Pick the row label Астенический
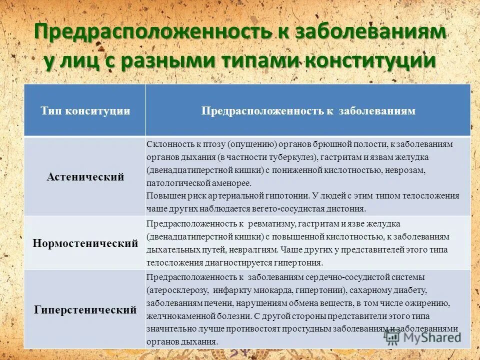(x=85, y=177)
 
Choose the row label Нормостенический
(x=85, y=244)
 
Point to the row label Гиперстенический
(x=85, y=310)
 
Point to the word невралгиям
(x=257, y=249)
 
